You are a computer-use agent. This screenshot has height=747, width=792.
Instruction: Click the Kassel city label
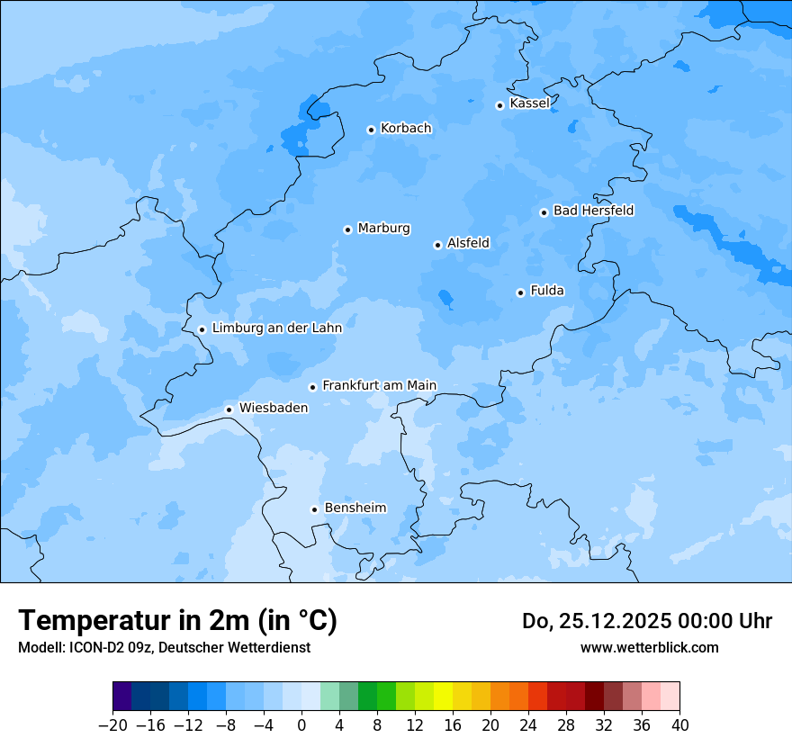click(x=529, y=103)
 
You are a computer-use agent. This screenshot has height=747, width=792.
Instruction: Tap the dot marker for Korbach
click(x=371, y=130)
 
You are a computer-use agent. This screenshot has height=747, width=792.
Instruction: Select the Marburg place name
click(x=383, y=229)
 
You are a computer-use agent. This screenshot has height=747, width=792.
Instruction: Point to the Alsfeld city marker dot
click(x=437, y=245)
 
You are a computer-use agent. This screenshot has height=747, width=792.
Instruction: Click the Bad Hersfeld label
click(x=593, y=211)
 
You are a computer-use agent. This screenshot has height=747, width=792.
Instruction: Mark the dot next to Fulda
click(x=520, y=292)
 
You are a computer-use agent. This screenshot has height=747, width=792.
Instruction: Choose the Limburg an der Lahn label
click(x=276, y=328)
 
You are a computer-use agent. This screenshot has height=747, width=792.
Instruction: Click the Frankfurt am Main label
click(x=379, y=385)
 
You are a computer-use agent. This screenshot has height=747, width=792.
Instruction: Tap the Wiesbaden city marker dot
click(x=229, y=409)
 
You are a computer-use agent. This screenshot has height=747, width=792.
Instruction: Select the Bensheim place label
click(x=355, y=508)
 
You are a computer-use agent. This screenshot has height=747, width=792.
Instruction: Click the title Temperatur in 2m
click(x=177, y=621)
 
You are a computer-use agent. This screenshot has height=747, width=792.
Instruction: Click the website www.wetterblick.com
click(x=649, y=647)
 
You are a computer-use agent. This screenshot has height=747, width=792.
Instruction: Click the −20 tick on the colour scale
click(x=112, y=725)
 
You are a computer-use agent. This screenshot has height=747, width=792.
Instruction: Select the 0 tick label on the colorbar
click(x=301, y=725)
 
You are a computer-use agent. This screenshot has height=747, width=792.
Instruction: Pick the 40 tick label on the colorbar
click(x=679, y=725)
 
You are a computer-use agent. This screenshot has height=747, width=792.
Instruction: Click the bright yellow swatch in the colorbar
click(x=443, y=697)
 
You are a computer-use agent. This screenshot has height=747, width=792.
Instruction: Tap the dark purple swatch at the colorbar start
click(x=121, y=697)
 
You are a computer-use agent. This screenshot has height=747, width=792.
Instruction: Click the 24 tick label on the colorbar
click(x=528, y=725)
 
